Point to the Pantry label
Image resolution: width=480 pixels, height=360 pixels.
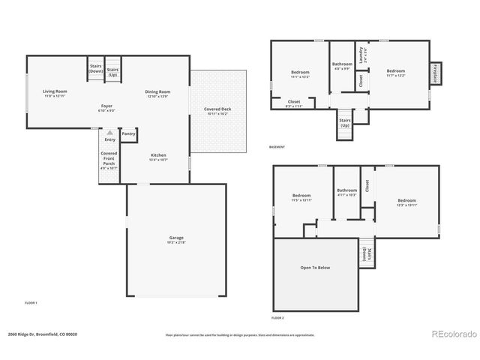coord(128,133)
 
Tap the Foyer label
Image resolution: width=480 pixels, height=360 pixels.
coord(106,106)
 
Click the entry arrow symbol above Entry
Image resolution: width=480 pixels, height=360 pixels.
coord(109,132)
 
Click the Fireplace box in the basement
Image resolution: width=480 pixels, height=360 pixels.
coord(434,74)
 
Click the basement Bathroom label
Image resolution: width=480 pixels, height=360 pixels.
coord(342,64)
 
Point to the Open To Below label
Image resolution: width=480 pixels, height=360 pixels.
coord(315,267)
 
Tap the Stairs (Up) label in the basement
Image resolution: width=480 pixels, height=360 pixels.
coord(345,121)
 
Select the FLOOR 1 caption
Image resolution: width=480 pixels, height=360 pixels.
coord(31,302)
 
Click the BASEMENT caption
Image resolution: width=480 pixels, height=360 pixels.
coord(277,146)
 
